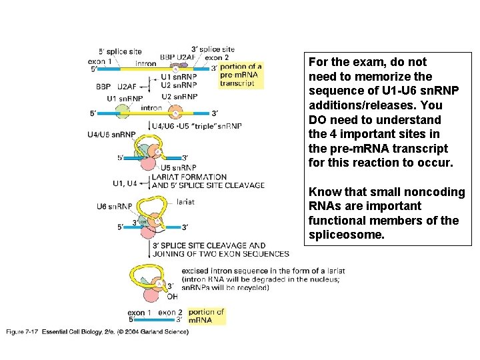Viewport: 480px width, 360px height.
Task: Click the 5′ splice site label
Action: [x=120, y=51]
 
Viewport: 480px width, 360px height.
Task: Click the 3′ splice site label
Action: [x=213, y=49]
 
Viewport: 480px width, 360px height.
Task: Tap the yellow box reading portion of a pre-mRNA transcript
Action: [x=241, y=75]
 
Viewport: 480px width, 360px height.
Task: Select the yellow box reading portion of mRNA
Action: [x=206, y=316]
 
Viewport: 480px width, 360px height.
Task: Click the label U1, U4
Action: [x=125, y=183]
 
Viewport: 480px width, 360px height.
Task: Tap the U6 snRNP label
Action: [x=115, y=207]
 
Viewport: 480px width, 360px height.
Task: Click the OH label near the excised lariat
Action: [x=172, y=297]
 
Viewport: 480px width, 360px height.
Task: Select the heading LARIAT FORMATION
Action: [x=189, y=177]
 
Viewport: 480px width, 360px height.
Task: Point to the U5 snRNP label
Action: [x=179, y=167]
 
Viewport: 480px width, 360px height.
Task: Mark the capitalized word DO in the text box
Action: [x=317, y=120]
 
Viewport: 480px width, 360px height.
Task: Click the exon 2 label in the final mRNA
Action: [x=167, y=312]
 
